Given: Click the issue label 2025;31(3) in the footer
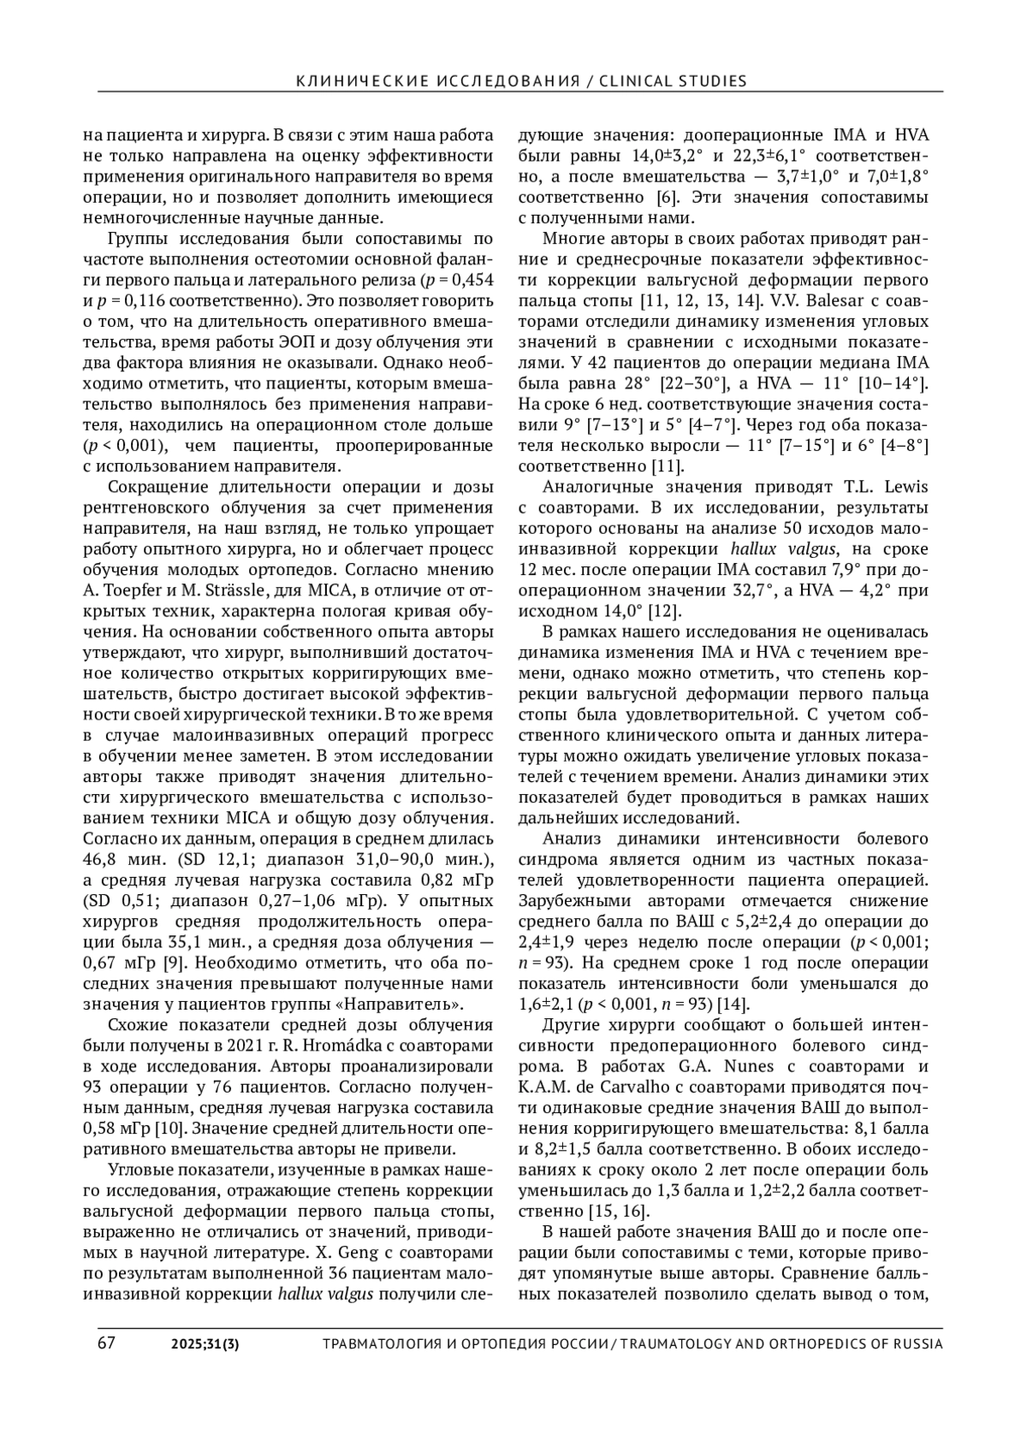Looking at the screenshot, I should coord(205,1343).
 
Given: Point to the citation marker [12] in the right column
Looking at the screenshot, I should coord(666,611).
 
